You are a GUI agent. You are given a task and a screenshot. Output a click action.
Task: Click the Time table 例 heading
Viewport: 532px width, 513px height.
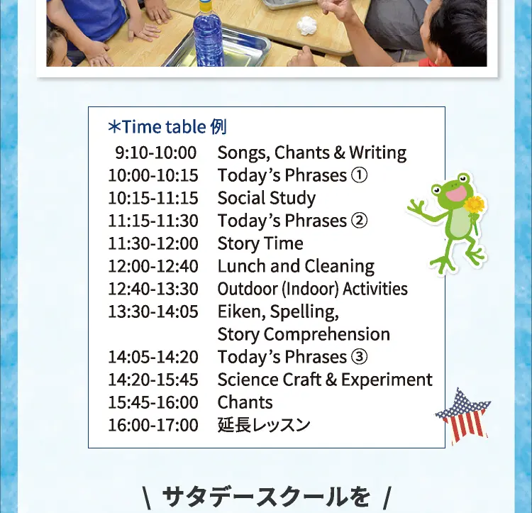click(167, 127)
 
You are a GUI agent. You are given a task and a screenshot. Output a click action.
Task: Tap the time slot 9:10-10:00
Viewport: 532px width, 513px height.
click(156, 153)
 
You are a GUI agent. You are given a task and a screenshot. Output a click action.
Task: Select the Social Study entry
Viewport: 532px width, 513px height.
click(266, 199)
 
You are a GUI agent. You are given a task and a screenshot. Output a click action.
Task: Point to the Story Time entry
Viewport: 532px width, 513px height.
click(260, 244)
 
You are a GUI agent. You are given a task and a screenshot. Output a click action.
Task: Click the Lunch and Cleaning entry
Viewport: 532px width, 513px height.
click(296, 266)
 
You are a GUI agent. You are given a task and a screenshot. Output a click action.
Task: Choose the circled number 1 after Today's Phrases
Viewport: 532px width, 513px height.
click(359, 175)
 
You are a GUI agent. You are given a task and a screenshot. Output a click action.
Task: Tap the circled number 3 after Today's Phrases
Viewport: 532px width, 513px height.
click(359, 357)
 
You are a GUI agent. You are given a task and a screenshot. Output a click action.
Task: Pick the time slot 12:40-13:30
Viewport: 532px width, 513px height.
click(153, 289)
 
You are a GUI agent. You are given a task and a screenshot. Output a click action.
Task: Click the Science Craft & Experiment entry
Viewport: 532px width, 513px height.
click(325, 380)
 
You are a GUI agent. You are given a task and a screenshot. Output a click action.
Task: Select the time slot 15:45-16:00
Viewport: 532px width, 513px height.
click(153, 402)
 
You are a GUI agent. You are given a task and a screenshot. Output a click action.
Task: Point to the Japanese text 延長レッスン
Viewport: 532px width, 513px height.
click(264, 425)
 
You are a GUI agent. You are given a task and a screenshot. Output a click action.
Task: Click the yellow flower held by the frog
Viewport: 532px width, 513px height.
click(474, 205)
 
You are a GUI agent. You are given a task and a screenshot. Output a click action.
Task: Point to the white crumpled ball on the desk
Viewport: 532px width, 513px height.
click(306, 26)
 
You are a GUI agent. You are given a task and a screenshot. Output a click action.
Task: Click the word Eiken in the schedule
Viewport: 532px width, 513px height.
click(240, 311)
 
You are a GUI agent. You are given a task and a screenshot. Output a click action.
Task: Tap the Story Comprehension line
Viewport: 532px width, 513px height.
click(304, 334)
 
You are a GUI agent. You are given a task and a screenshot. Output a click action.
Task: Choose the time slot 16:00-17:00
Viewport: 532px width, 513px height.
click(153, 425)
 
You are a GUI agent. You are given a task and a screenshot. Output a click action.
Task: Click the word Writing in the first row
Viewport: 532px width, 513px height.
click(377, 153)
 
